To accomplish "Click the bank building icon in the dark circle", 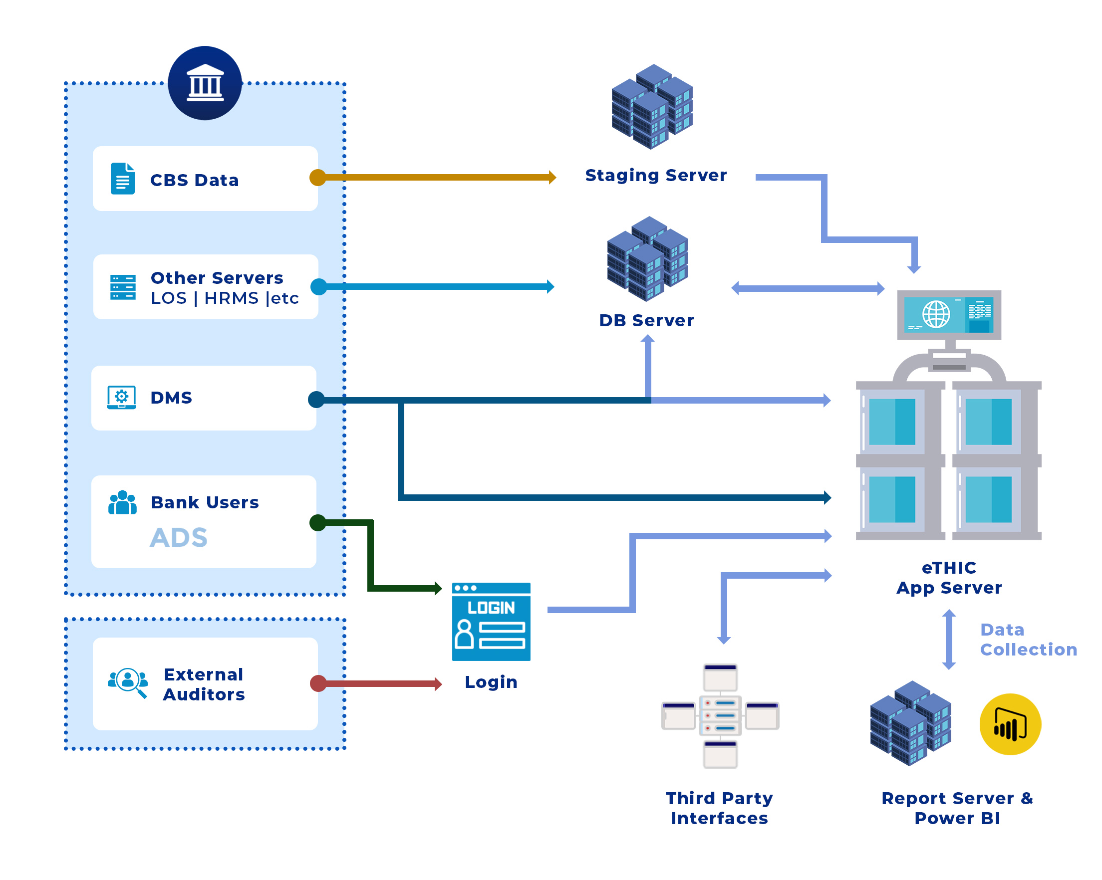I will pyautogui.click(x=205, y=83).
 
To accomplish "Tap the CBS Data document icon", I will pyautogui.click(x=123, y=179).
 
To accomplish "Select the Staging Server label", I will pyautogui.click(x=656, y=175).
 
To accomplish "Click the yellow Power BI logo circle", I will pyautogui.click(x=1010, y=724).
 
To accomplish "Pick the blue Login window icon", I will pyautogui.click(x=491, y=622).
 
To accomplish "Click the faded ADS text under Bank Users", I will pyautogui.click(x=178, y=538).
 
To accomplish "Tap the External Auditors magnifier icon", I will pyautogui.click(x=128, y=683).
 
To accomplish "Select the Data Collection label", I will pyautogui.click(x=1028, y=640).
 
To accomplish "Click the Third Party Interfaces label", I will pyautogui.click(x=719, y=808).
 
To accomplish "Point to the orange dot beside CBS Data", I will pyautogui.click(x=318, y=178).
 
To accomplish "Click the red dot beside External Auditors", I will pyautogui.click(x=318, y=683).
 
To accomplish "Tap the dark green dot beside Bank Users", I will pyautogui.click(x=318, y=523).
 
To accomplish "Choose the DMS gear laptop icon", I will pyautogui.click(x=122, y=398).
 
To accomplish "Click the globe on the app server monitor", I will pyautogui.click(x=936, y=314).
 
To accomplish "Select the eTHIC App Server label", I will pyautogui.click(x=949, y=578).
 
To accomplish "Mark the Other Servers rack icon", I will pyautogui.click(x=123, y=287).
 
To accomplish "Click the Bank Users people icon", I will pyautogui.click(x=123, y=503).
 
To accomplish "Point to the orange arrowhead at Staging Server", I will pyautogui.click(x=552, y=178).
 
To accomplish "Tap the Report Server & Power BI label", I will pyautogui.click(x=957, y=808).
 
